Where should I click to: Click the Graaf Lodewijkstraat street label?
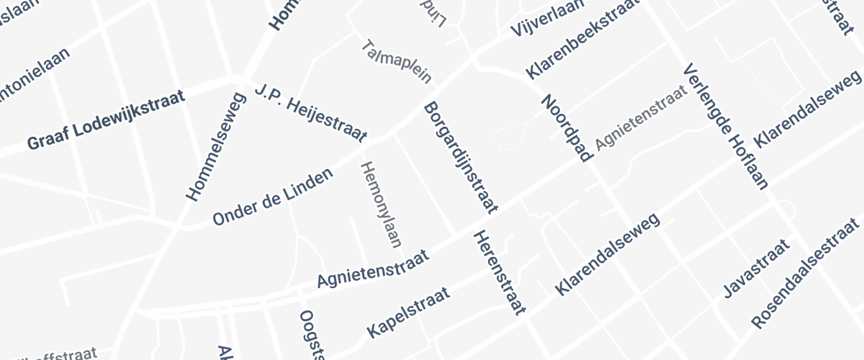(106, 120)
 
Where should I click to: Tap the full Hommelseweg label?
(216, 148)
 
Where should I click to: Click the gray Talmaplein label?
(397, 62)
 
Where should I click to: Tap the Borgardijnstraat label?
(460, 158)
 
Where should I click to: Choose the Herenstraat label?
(498, 274)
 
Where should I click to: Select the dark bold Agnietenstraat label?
(373, 269)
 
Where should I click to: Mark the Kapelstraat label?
(408, 312)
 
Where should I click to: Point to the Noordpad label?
(566, 128)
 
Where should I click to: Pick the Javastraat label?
(756, 269)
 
